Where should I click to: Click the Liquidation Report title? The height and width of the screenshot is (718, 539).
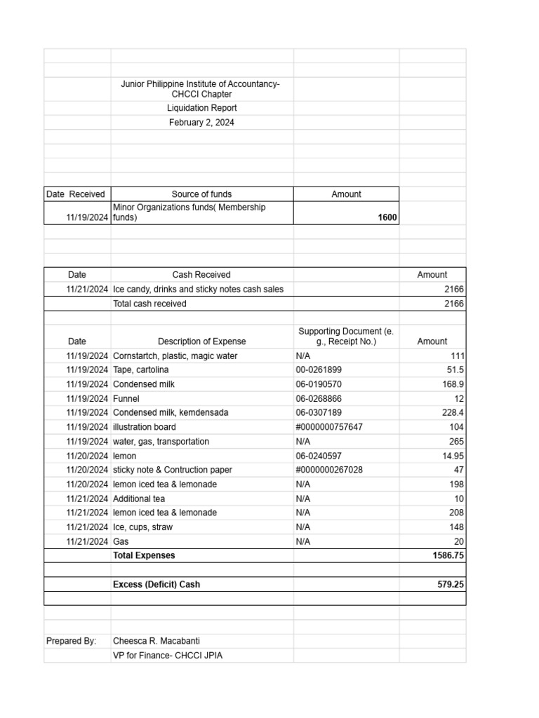[x=201, y=108]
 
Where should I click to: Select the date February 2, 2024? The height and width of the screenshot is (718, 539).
[x=201, y=122]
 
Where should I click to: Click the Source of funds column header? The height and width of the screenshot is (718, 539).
[x=201, y=194]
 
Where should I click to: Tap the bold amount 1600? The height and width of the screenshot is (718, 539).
[x=387, y=218]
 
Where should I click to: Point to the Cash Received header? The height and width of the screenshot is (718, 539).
[x=201, y=275]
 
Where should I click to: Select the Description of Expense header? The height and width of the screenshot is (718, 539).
[x=201, y=341]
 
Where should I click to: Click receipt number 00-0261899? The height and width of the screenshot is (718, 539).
[x=319, y=370]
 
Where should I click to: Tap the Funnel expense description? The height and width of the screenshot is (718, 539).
[x=126, y=398]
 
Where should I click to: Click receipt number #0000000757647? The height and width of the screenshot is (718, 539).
[x=329, y=427]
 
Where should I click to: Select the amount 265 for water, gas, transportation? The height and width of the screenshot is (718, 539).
[x=456, y=442]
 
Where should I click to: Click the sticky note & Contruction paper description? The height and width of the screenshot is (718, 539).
[x=172, y=470]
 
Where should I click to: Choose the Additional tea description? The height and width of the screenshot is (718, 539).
[x=139, y=499]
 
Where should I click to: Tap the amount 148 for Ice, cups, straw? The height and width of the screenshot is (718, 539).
[x=456, y=527]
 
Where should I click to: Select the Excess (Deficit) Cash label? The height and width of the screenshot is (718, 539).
[x=161, y=584]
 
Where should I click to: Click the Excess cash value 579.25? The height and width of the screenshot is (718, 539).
[x=450, y=584]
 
